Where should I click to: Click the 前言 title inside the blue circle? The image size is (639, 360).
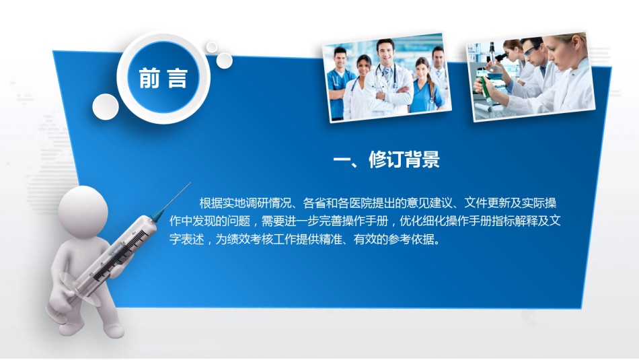(x=163, y=78)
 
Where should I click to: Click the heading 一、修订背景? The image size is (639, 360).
(x=386, y=159)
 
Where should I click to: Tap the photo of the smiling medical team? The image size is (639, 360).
(x=387, y=77)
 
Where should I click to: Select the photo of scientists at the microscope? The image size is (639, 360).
(x=531, y=76)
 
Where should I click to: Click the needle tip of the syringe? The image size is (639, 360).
(x=190, y=183)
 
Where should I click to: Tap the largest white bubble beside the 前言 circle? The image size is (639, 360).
(x=106, y=107)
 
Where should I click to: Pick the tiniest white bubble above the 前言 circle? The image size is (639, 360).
(x=211, y=47)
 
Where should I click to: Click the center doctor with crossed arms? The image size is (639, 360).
(x=387, y=77)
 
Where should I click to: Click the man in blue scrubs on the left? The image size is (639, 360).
(x=339, y=83)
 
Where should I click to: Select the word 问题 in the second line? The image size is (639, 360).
(x=238, y=221)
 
